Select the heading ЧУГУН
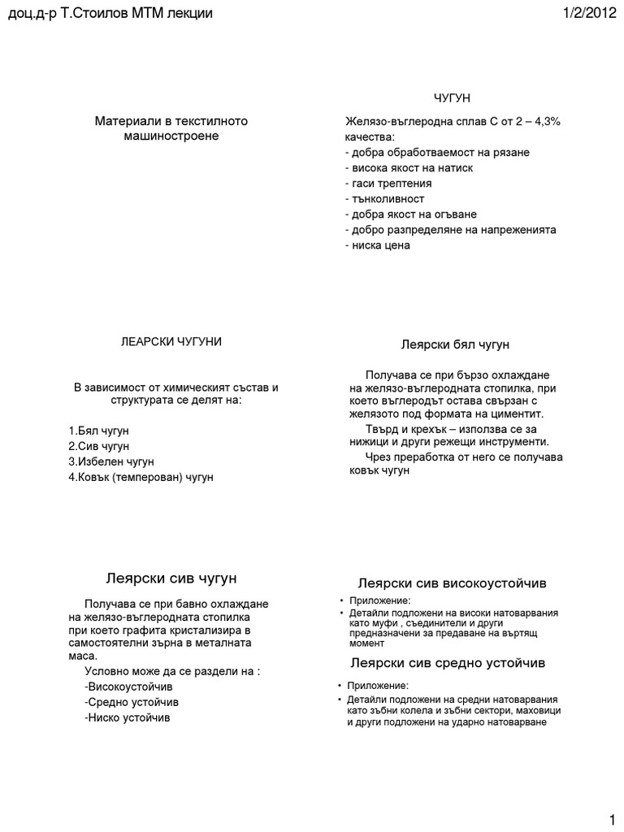point(452,98)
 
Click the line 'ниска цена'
point(378,245)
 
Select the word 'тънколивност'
point(384,198)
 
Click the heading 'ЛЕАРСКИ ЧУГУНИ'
point(171,342)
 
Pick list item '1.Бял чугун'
point(99,430)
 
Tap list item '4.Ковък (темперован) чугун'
point(141,477)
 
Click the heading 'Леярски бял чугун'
point(455,344)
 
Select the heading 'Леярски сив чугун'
point(171,578)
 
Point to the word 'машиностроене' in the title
point(171,136)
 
